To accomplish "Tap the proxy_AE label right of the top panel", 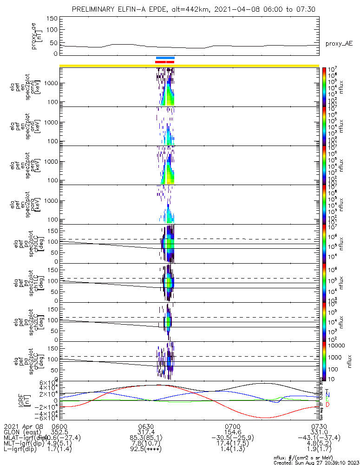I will (339, 43).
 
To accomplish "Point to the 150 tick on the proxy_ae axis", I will (52, 19).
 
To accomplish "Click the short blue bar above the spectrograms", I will (165, 58).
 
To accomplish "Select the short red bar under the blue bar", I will (164, 61).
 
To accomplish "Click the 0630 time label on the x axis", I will (146, 426).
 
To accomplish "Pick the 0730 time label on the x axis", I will (319, 426).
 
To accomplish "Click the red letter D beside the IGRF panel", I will (327, 405).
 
